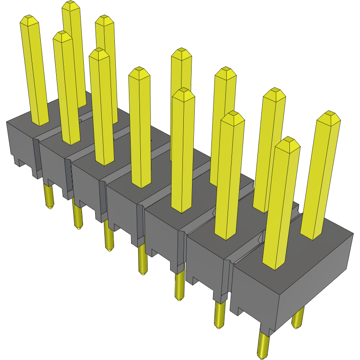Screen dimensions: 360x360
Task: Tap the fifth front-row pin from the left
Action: (183, 149)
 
